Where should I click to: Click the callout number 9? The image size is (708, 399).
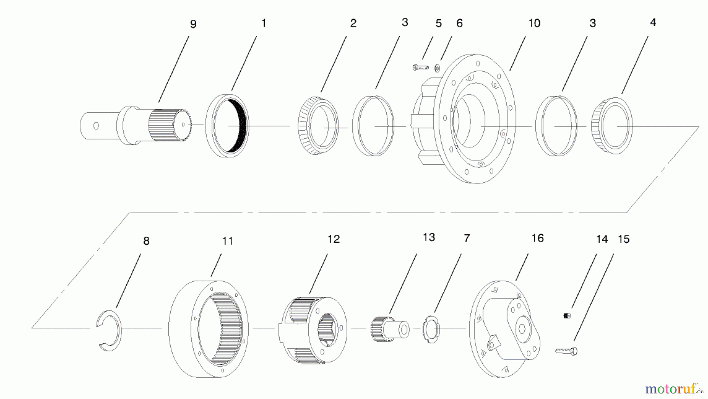[x=193, y=24]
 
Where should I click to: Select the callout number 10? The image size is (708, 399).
[x=534, y=24]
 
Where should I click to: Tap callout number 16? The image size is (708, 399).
[x=537, y=238]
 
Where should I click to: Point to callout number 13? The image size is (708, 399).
[x=429, y=238]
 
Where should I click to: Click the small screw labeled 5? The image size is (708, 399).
[x=420, y=68]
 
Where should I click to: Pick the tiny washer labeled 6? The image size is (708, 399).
[x=437, y=69]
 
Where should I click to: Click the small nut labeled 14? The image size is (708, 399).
[x=567, y=315]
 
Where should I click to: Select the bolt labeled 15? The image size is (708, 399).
[x=567, y=350]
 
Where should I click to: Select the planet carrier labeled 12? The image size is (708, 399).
[x=313, y=329]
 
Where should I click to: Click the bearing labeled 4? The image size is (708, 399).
[x=612, y=126]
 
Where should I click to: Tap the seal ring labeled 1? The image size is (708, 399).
[x=227, y=126]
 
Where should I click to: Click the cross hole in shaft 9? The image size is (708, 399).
[x=96, y=126]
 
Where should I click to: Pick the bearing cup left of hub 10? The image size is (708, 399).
[x=373, y=126]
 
